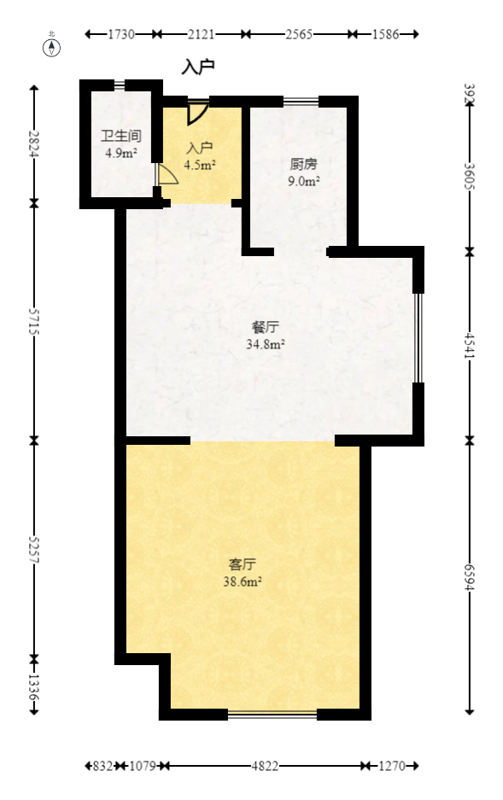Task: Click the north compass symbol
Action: point(53,46)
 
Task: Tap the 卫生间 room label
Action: point(120,137)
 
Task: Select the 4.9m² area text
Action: point(120,154)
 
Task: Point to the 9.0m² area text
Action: point(303,181)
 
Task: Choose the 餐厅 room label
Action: point(265,327)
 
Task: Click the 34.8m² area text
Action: point(265,344)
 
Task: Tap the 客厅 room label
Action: point(243,564)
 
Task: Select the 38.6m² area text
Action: point(243,581)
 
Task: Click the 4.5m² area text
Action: point(200,166)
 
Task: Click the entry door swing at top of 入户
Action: point(197,113)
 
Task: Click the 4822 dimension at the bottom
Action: point(265,767)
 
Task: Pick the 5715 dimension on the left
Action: point(34,322)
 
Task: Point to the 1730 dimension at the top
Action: point(121,34)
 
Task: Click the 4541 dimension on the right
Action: point(469,344)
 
